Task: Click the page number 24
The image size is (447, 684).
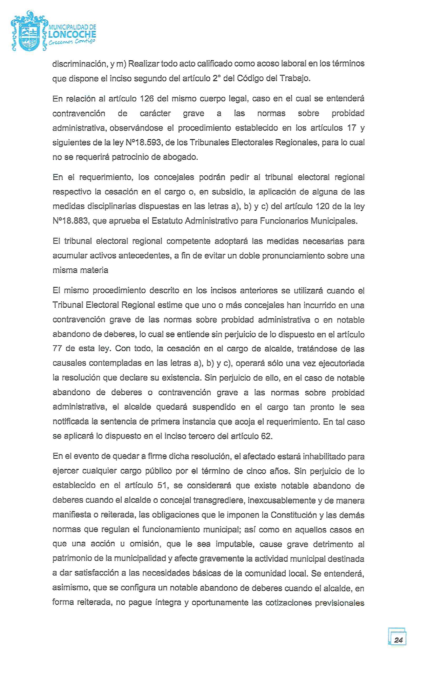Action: click(x=398, y=640)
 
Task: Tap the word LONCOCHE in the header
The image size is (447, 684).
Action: click(x=72, y=34)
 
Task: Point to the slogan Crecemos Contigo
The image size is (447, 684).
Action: click(x=72, y=42)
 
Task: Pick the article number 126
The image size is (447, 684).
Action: click(x=147, y=99)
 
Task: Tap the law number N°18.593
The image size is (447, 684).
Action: click(x=145, y=142)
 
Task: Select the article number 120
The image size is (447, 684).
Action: click(x=323, y=206)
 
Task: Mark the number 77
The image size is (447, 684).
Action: click(x=57, y=349)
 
